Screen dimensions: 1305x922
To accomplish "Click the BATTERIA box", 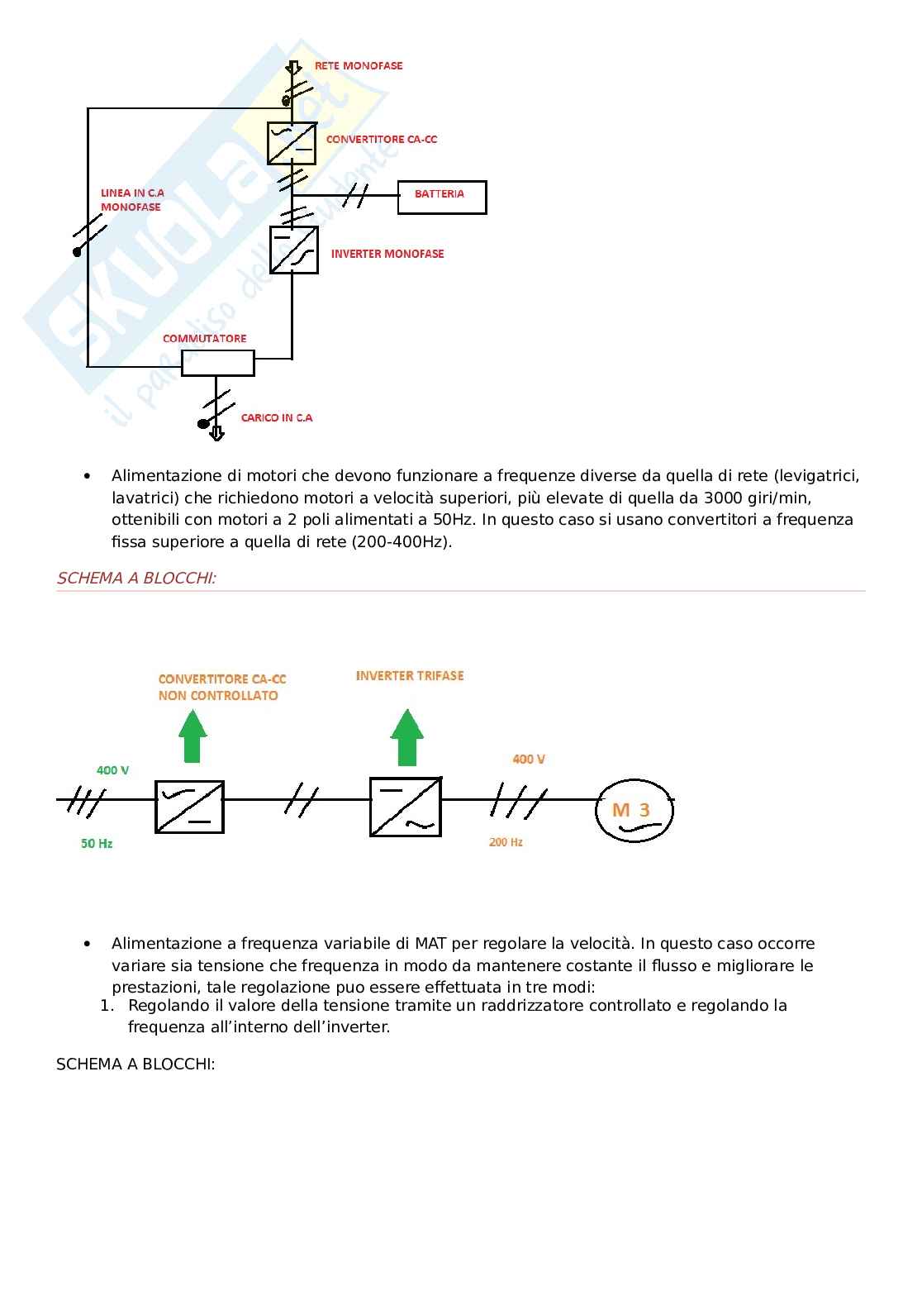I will point(442,197).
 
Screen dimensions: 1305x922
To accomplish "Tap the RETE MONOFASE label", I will point(358,65).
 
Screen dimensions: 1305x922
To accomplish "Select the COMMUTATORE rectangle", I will point(217,363).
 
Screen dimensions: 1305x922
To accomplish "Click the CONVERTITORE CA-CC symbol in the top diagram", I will point(292,143).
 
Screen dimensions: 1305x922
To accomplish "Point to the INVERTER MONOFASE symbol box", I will point(294,250).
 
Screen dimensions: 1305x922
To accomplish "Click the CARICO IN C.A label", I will point(277,417).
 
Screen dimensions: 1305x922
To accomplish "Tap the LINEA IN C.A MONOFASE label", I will point(132,200).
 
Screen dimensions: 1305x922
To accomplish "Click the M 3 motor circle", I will point(634,811).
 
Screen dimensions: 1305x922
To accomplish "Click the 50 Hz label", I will point(97,844).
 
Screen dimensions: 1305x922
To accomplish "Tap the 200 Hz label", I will point(506,842).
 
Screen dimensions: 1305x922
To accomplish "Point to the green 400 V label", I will point(112,770).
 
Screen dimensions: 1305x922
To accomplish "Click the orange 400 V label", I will point(529,759).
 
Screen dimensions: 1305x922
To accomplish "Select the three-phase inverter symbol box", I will point(405,806).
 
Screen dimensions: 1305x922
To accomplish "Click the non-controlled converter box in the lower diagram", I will point(189,806).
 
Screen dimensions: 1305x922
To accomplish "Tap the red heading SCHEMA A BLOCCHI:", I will point(136,578).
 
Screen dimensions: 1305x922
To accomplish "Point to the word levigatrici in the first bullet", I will point(817,475).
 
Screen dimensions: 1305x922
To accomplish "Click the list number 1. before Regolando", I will point(106,1006).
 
